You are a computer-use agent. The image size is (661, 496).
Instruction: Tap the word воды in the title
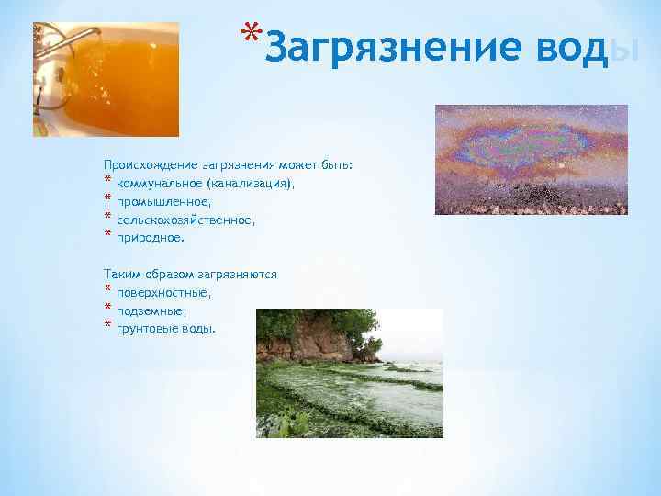pos(588,47)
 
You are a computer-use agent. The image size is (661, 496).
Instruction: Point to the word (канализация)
pos(252,184)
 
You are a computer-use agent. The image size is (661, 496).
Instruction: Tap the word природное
pos(151,238)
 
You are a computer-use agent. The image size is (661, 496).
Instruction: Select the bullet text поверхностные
pos(163,293)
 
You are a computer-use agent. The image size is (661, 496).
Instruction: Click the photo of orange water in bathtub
pos(106,80)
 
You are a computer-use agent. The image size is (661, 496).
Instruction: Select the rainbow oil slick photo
pos(531,159)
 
